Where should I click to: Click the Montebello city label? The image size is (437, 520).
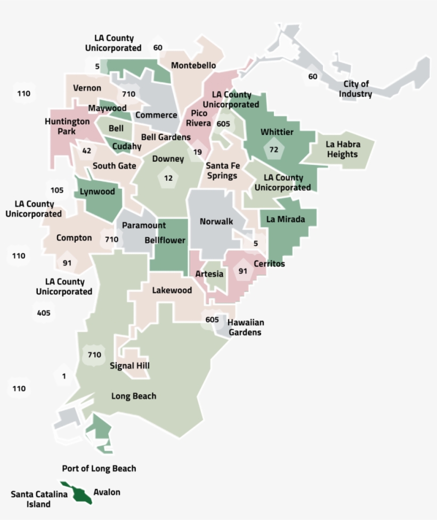click(193, 65)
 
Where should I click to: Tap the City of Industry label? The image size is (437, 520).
click(355, 89)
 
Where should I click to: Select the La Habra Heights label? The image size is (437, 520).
click(343, 149)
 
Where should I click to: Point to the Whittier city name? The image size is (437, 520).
click(277, 132)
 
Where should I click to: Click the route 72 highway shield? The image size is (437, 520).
click(274, 150)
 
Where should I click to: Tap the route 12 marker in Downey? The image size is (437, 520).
click(168, 178)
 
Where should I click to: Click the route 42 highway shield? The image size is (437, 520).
click(86, 151)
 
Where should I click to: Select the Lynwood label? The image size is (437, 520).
click(97, 191)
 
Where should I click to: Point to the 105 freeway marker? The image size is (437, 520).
click(57, 190)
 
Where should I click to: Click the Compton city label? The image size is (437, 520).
click(74, 238)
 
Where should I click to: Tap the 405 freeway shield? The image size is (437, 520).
click(44, 313)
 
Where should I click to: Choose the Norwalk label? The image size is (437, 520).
click(216, 221)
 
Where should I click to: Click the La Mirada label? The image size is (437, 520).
click(286, 219)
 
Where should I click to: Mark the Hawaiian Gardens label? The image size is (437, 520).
click(246, 327)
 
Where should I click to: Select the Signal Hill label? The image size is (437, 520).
click(130, 366)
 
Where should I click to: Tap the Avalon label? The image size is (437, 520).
click(107, 492)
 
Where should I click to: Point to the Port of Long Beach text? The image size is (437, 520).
click(99, 468)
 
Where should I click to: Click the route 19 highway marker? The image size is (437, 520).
click(198, 152)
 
